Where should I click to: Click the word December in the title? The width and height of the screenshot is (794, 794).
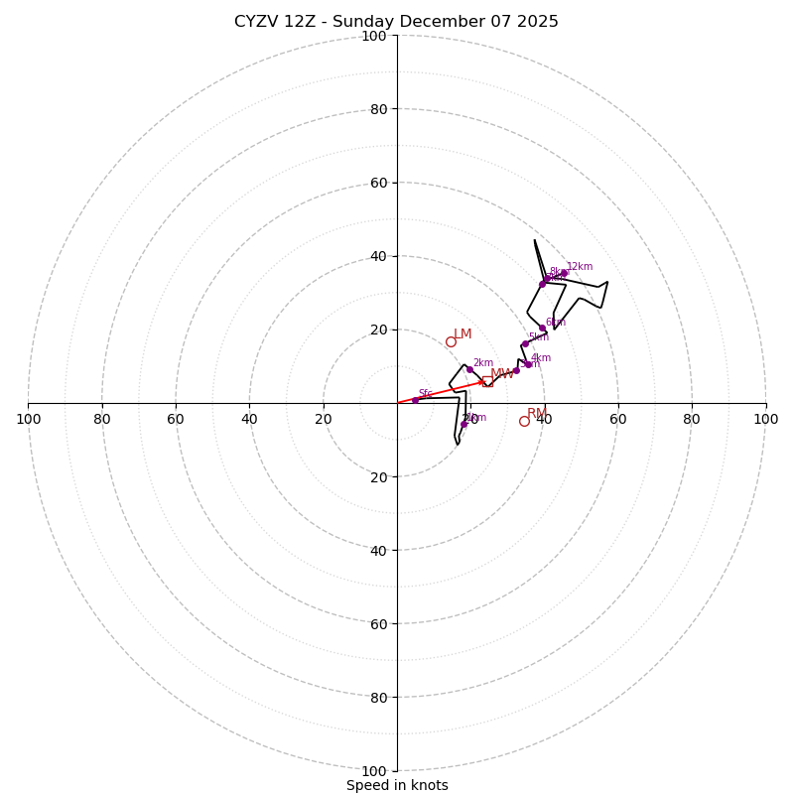tap(438, 22)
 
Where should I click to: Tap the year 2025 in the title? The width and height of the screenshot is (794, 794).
tap(537, 22)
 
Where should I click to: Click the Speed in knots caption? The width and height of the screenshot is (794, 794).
tap(397, 785)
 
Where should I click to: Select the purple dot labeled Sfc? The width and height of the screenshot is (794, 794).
tap(415, 400)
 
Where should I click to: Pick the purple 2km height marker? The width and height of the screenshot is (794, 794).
tap(469, 370)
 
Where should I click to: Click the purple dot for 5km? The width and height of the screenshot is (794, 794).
tap(525, 344)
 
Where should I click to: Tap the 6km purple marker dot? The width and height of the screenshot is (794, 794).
tap(542, 329)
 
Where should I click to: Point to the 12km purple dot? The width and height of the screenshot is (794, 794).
tap(564, 273)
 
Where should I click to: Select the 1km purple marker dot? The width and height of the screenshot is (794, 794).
tap(463, 424)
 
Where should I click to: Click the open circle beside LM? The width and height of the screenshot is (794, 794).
tap(451, 341)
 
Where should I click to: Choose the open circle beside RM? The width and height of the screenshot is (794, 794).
tap(524, 421)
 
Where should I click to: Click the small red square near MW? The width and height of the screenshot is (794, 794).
tap(484, 383)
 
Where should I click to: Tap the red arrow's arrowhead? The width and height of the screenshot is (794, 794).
tap(483, 381)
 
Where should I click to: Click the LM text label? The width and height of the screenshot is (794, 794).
tap(463, 334)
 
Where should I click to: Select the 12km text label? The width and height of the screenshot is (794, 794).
tap(580, 266)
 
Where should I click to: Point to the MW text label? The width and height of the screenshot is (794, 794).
tap(502, 374)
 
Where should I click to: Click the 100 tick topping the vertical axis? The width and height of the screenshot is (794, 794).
tap(374, 36)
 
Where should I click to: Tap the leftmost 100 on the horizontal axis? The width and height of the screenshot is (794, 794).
tap(28, 419)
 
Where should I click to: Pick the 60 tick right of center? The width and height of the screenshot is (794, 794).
tap(618, 419)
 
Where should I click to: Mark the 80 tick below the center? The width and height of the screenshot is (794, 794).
tap(374, 697)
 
